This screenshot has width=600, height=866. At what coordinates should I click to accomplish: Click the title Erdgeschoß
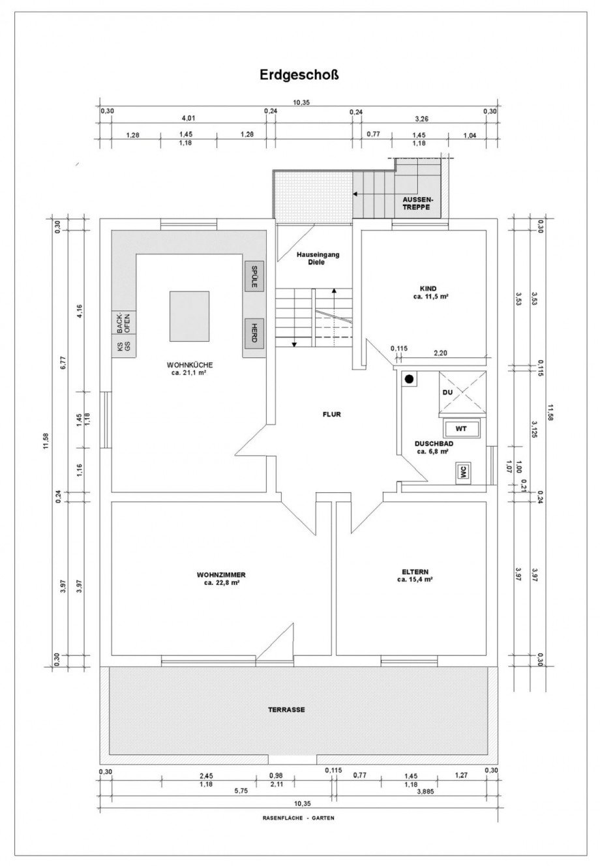(299, 74)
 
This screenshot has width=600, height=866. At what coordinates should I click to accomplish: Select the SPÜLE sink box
(254, 276)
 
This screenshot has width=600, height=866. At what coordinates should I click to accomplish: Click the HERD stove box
(254, 333)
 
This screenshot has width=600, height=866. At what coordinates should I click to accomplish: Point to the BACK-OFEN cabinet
(124, 323)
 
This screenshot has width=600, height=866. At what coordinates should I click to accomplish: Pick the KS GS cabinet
(124, 346)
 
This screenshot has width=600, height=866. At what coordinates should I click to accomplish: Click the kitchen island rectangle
(189, 316)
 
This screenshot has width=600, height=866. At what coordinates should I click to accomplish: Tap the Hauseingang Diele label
(318, 258)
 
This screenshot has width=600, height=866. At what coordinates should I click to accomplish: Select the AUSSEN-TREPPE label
(418, 203)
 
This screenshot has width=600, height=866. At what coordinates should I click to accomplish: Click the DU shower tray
(462, 392)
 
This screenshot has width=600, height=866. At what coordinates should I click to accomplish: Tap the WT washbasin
(461, 428)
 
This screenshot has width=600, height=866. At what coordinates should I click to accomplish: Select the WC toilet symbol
(463, 472)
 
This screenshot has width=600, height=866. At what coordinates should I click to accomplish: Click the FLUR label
(332, 414)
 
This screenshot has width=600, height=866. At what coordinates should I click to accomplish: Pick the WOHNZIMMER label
(220, 578)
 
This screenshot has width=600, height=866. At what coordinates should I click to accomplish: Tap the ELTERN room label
(415, 575)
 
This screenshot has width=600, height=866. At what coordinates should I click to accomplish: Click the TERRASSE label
(286, 709)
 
